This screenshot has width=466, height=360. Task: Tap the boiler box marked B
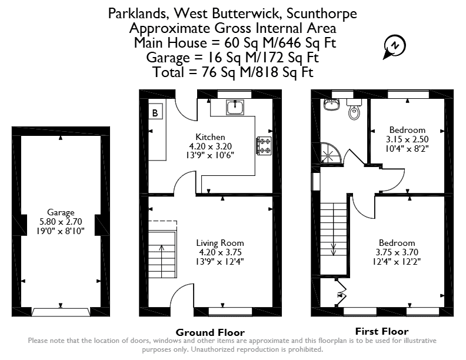(x=155, y=111)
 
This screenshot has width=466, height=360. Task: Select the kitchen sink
(x=235, y=107)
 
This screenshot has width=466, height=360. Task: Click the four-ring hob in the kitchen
(x=264, y=145)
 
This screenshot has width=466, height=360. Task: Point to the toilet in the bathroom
(x=354, y=109)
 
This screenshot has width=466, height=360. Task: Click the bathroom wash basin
(x=331, y=105)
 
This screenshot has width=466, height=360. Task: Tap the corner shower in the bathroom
(x=331, y=153)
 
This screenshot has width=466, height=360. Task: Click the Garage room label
(x=61, y=212)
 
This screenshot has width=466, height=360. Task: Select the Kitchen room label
(x=210, y=137)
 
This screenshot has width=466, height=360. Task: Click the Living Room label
(x=220, y=243)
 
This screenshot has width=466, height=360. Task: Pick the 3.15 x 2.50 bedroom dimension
(x=407, y=139)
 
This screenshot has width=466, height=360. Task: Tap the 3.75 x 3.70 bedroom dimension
(x=397, y=252)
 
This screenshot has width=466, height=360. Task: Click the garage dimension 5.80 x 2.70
(x=61, y=222)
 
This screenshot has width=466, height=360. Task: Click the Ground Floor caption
(x=210, y=332)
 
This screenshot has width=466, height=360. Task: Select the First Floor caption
(x=382, y=331)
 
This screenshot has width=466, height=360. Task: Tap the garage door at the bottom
(x=61, y=312)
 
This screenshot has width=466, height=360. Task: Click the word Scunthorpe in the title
(x=322, y=14)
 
